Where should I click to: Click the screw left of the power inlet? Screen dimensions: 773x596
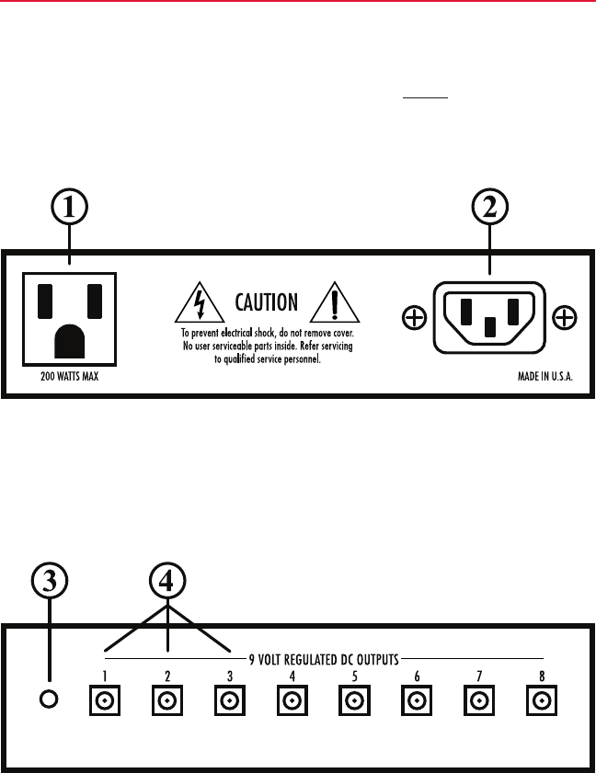pos(415,319)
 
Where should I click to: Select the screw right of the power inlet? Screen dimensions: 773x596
pos(565,319)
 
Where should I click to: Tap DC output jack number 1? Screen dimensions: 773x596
pos(105,701)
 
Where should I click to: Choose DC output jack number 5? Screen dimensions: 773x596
pos(354,701)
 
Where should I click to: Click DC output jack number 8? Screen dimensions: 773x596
pos(540,701)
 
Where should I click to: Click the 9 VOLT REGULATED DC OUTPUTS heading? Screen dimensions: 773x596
pos(323,657)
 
